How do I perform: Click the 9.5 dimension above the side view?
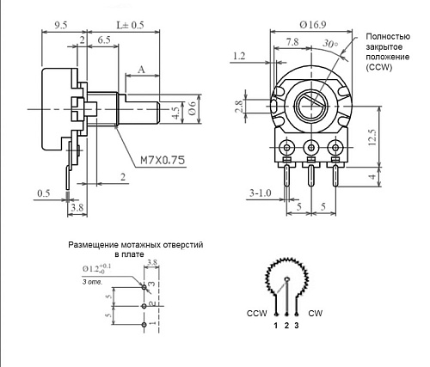[61, 25]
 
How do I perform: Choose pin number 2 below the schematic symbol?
[286, 327]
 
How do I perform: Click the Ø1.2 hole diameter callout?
[95, 270]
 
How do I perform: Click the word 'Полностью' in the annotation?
[387, 36]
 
